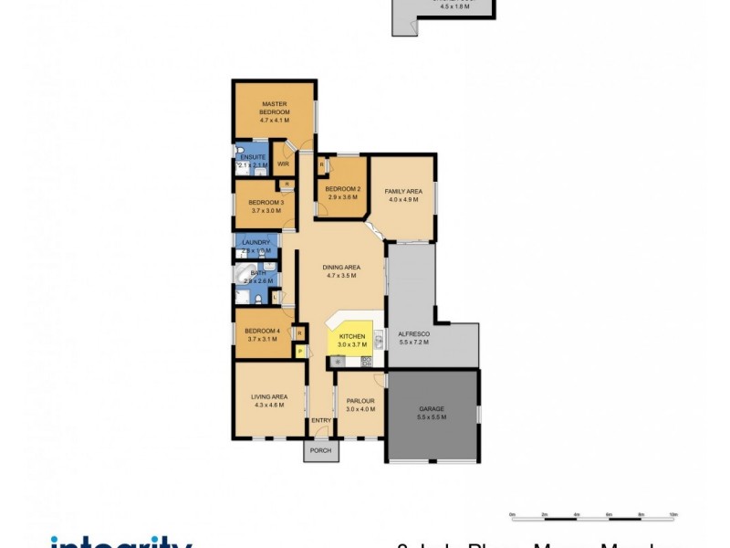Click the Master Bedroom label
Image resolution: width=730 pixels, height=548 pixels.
tap(274, 108)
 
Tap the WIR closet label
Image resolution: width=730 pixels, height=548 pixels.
tap(283, 163)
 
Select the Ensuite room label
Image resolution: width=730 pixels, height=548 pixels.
tap(253, 158)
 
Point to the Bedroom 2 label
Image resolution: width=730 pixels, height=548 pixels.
tap(343, 189)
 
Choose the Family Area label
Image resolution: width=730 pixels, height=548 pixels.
tap(402, 191)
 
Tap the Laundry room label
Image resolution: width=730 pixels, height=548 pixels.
tap(255, 242)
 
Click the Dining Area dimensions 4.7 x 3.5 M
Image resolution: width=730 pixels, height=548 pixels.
tap(340, 274)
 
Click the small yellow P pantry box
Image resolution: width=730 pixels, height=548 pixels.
tap(298, 351)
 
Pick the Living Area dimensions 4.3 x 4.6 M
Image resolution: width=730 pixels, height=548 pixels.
tap(269, 405)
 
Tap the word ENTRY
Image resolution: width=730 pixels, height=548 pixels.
tap(321, 420)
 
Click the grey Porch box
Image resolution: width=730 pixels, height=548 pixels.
tap(321, 450)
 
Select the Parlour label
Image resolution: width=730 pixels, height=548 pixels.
tap(360, 400)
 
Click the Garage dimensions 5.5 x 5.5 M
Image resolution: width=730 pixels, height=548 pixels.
tap(432, 416)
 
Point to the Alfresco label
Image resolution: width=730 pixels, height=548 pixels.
tap(413, 334)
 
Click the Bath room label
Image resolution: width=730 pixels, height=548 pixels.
tap(259, 272)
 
